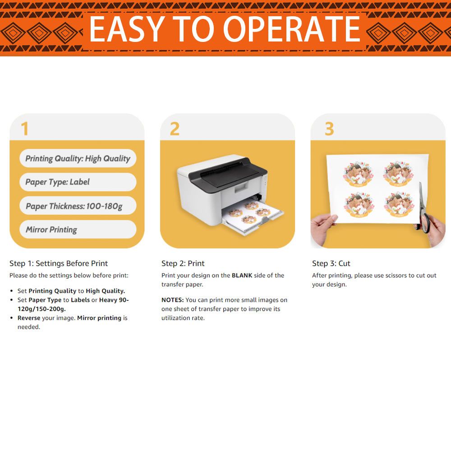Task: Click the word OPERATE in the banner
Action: (x=291, y=29)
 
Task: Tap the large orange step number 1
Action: (x=25, y=128)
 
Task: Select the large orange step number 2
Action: (x=175, y=129)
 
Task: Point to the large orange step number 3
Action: (x=329, y=129)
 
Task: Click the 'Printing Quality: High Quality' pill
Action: (x=78, y=158)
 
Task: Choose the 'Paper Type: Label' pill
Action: (x=78, y=182)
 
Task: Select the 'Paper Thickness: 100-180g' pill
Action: (x=78, y=206)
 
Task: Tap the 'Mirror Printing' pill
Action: (x=78, y=230)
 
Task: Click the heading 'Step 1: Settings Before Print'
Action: (x=59, y=263)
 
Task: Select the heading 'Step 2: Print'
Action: (x=183, y=263)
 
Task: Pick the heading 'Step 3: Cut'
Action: (x=331, y=263)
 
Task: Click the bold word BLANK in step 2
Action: (x=242, y=276)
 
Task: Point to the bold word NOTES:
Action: (x=172, y=300)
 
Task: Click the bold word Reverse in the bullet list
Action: (x=29, y=318)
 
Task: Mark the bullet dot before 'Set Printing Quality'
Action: (x=12, y=291)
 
